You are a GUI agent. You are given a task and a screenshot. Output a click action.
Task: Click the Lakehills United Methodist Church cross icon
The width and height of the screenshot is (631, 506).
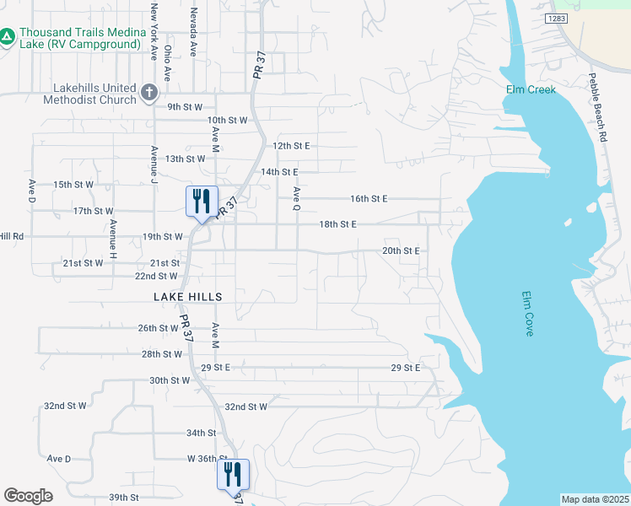pos(149,93)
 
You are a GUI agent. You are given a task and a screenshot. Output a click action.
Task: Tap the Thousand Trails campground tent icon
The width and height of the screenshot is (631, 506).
pos(8,37)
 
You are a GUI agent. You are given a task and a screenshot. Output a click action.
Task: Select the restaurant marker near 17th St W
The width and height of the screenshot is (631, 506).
pos(202,202)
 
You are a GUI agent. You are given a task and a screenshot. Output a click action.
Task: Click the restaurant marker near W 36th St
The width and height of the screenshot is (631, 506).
pos(233,475)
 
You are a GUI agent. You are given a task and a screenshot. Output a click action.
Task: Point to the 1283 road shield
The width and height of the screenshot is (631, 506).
pos(556,18)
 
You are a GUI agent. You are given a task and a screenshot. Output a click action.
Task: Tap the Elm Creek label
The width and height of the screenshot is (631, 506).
pos(531,89)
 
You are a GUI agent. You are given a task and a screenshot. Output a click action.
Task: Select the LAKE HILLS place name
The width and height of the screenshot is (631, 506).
pos(188,297)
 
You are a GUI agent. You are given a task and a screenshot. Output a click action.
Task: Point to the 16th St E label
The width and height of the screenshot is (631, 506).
pos(369,199)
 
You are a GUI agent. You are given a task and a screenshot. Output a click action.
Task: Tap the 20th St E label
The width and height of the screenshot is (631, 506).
pos(401,251)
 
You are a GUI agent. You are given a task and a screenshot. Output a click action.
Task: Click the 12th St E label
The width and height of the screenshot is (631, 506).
pos(291,146)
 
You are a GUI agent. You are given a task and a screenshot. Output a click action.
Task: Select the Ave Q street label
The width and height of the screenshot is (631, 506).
pos(296,197)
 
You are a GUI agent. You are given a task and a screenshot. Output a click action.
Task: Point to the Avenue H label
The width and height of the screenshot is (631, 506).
pos(112,239)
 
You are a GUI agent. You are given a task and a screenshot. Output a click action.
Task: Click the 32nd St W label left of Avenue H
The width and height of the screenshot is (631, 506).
pos(66,406)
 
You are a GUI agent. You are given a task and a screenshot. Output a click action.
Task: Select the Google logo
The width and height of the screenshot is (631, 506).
pos(28,496)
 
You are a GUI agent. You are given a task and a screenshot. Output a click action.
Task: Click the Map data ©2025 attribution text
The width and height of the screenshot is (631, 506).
pos(596,499)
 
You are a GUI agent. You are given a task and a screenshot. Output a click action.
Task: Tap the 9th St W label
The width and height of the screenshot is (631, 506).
pos(185,107)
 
